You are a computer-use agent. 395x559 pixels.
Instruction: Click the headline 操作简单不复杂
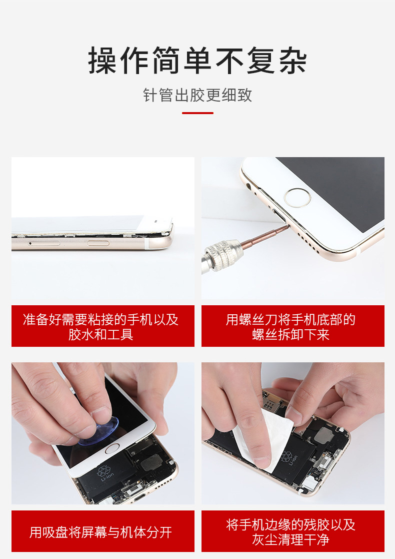pos(197,61)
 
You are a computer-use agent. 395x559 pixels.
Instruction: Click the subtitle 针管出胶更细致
pos(197,95)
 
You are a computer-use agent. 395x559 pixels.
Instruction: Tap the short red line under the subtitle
pos(197,113)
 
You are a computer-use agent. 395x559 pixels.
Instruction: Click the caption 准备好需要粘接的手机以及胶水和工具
pos(102,326)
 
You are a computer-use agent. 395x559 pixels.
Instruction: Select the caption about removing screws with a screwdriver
pos(292,326)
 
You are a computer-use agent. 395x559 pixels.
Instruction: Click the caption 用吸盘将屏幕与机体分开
pos(102,532)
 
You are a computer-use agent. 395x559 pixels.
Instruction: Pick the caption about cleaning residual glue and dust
pos(292,531)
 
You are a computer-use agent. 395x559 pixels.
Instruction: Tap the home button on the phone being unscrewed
pos(297,197)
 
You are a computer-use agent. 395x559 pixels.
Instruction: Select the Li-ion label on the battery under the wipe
pos(289,457)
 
